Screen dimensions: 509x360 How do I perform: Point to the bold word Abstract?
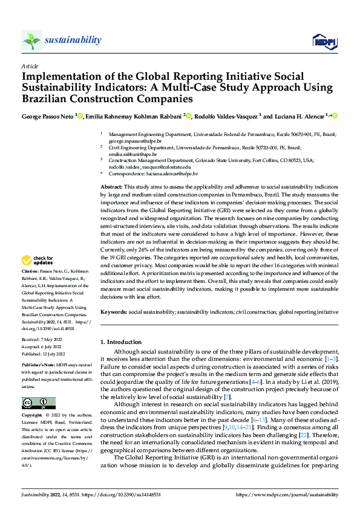coord(111,188)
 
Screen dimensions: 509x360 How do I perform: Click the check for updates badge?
coord(38,261)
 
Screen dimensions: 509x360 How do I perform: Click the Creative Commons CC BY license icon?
coord(38,403)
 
